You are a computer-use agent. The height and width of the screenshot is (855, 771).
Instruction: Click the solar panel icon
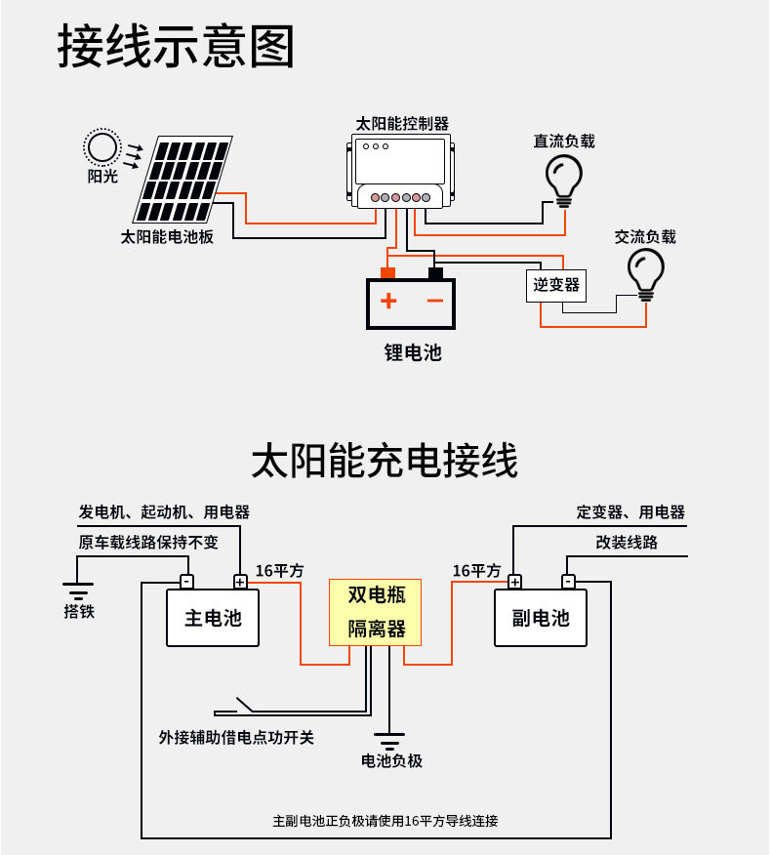tap(183, 179)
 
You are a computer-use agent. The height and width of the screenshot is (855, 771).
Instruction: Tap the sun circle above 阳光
tap(101, 147)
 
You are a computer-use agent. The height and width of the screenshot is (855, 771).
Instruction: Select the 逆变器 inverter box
tap(555, 286)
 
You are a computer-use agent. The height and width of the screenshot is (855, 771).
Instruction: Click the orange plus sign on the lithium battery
tap(388, 301)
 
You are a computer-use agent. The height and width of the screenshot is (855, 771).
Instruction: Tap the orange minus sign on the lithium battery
tap(434, 301)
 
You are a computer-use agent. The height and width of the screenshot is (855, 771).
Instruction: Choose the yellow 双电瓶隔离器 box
tap(375, 612)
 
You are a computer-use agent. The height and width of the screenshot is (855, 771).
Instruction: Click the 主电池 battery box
tap(213, 618)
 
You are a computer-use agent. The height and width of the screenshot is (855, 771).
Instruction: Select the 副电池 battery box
tap(541, 618)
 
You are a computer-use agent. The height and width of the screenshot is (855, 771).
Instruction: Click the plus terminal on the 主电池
tap(240, 582)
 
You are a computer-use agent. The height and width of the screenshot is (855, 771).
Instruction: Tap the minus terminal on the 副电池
tap(568, 582)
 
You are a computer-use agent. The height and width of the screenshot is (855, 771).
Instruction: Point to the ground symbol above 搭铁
tap(77, 591)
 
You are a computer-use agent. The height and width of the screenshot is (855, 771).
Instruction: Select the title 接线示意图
tap(176, 46)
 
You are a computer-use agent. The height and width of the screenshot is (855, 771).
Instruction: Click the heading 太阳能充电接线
tap(385, 461)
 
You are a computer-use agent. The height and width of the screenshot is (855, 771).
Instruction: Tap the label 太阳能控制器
tap(402, 124)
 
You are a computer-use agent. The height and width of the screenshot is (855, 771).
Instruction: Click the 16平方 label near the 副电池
tap(476, 571)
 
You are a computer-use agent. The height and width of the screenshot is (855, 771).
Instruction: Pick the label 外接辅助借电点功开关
tap(236, 738)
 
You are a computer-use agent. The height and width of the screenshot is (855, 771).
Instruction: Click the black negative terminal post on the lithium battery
tap(435, 273)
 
